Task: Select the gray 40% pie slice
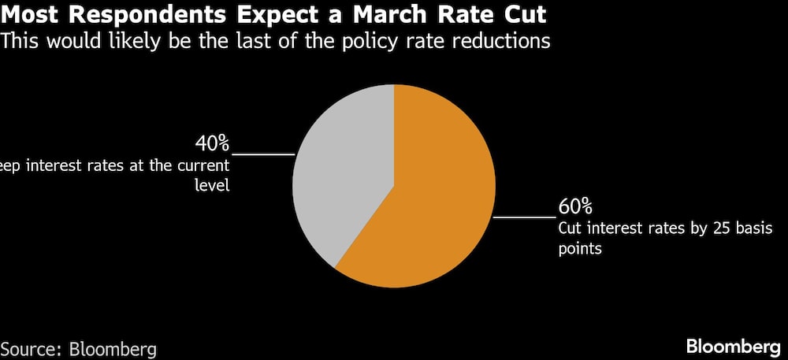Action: click(339, 173)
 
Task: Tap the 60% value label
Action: click(575, 207)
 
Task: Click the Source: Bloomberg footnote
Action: click(79, 348)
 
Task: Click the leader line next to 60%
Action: click(523, 216)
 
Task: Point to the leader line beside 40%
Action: click(263, 154)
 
